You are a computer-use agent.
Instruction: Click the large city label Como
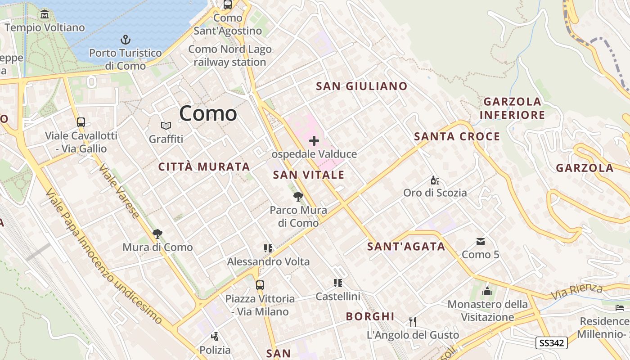tap(208, 113)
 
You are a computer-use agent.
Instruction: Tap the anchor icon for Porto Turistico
tap(126, 40)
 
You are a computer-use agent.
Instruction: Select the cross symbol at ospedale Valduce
tap(314, 141)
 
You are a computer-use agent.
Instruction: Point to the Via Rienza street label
tap(577, 292)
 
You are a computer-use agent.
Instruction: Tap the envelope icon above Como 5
tap(481, 242)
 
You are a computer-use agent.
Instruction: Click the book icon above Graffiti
tap(166, 126)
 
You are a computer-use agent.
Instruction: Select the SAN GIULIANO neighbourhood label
tap(362, 86)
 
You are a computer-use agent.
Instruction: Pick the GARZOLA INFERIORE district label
tap(512, 108)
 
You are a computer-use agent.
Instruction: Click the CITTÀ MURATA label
tap(204, 167)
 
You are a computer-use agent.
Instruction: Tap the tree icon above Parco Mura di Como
tap(298, 197)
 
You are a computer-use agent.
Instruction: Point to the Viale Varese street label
tap(119, 191)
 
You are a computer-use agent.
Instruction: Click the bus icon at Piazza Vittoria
tap(260, 285)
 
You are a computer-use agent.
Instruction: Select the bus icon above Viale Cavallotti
tap(81, 122)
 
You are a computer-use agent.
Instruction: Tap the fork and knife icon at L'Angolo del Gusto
tap(412, 321)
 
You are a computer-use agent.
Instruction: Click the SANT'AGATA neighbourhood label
tap(406, 247)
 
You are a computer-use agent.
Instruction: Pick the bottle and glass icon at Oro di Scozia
tap(435, 180)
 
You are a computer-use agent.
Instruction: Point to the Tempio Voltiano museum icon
tap(45, 14)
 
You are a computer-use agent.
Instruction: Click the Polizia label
tap(215, 350)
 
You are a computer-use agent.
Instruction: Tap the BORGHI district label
tap(370, 316)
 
